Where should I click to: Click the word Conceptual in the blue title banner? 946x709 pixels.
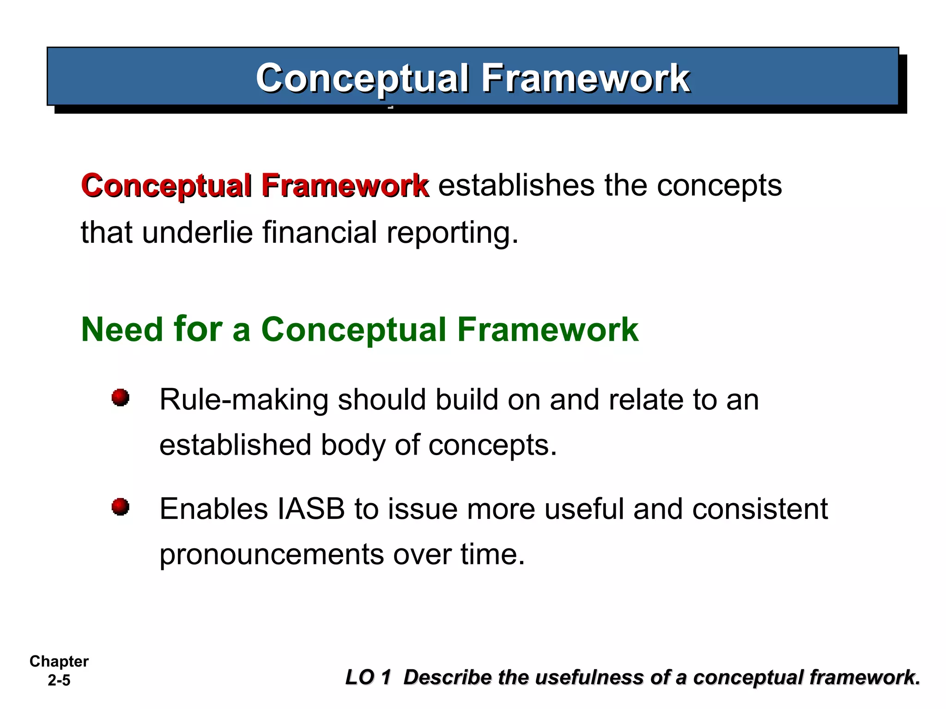click(x=362, y=78)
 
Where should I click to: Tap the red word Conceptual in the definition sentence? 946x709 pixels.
click(x=166, y=186)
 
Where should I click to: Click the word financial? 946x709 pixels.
click(x=319, y=232)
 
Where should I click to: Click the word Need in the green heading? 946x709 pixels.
click(x=122, y=330)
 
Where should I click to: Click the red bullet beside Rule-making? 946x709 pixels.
click(x=121, y=397)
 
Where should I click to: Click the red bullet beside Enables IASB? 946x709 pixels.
click(x=121, y=507)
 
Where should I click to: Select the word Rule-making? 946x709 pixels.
click(x=243, y=400)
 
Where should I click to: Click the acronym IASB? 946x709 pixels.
click(x=311, y=509)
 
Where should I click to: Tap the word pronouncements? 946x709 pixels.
click(x=272, y=555)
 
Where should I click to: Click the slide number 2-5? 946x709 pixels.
click(x=59, y=680)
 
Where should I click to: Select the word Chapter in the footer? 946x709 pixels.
click(x=59, y=661)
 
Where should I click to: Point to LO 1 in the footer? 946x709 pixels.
click(x=368, y=678)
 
